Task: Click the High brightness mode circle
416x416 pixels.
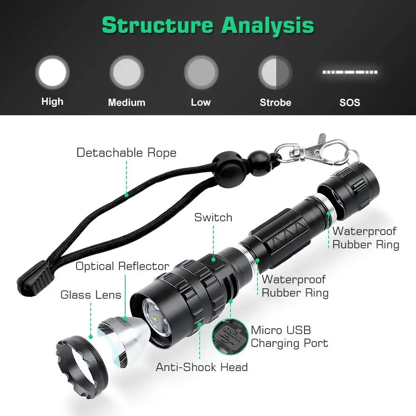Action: pos(52,72)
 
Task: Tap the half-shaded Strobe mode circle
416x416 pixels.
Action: pos(275,72)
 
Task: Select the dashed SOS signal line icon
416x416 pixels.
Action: pos(349,72)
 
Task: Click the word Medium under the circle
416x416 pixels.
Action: pos(126,102)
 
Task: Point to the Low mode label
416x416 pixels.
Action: pos(201,102)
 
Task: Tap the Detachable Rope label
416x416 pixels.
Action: pos(126,153)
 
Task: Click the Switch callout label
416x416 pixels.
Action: pos(213,217)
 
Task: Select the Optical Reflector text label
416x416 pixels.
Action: pos(122,266)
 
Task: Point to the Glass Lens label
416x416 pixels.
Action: pos(91,295)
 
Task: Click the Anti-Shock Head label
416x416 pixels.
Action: pos(202,367)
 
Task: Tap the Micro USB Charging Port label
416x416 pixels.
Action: pos(289,337)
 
